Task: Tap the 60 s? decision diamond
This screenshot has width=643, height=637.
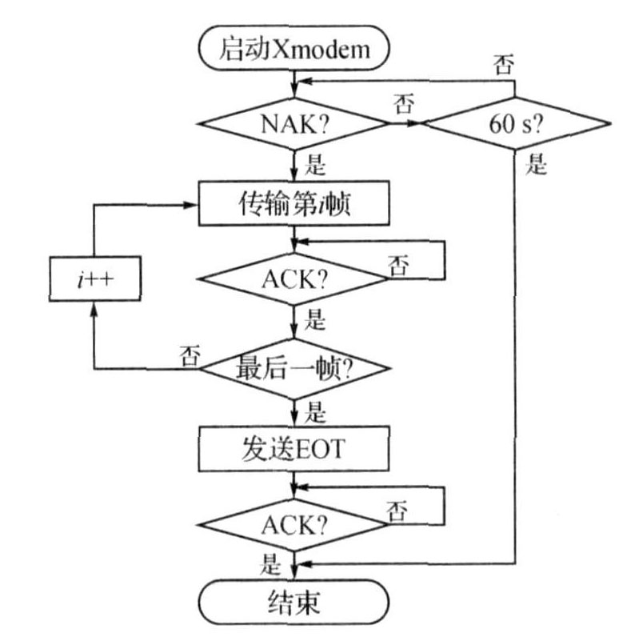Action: pos(517,125)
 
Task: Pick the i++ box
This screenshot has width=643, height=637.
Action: pos(94,279)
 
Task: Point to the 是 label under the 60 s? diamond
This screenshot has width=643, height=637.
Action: pos(536,166)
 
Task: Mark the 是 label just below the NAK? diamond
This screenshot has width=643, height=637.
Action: pos(317,166)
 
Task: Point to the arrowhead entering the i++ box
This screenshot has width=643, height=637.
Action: pos(94,310)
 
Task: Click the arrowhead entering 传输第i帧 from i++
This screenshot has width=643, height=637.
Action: pos(193,206)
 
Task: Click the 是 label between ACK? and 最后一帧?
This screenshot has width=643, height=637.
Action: pos(317,323)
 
